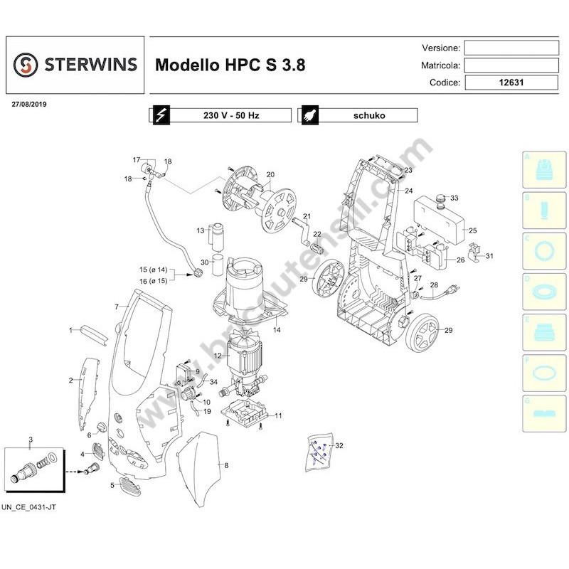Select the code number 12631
coord(511,83)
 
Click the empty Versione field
coord(511,48)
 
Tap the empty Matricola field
coord(511,65)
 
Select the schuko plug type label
coord(368,115)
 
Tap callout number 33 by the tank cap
coord(455,198)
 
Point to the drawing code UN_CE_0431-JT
coord(31,507)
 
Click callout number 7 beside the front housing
coord(116,306)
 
